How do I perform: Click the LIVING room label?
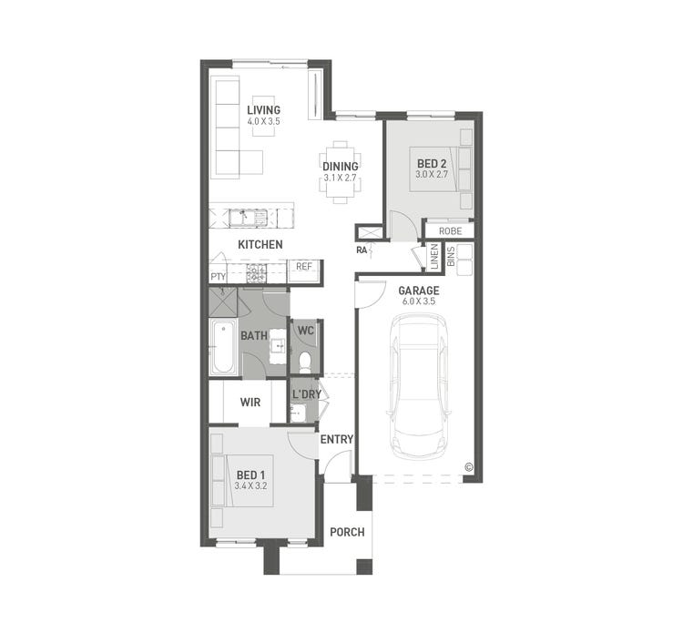(263, 110)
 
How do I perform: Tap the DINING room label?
(340, 167)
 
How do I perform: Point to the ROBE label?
(450, 231)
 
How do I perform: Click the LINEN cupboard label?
(434, 257)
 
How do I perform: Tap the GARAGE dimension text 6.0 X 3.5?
(418, 301)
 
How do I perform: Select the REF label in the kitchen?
(303, 268)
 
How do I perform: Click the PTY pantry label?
(218, 276)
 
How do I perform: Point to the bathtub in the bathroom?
(223, 347)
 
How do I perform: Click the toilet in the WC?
(305, 363)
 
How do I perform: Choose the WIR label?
(250, 402)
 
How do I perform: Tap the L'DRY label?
(305, 394)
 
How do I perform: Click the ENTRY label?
(336, 439)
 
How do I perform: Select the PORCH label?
(346, 532)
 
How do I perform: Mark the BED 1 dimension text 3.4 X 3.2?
(250, 486)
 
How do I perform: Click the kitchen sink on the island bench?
(248, 217)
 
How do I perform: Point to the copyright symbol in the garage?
(469, 467)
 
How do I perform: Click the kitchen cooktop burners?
(256, 271)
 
